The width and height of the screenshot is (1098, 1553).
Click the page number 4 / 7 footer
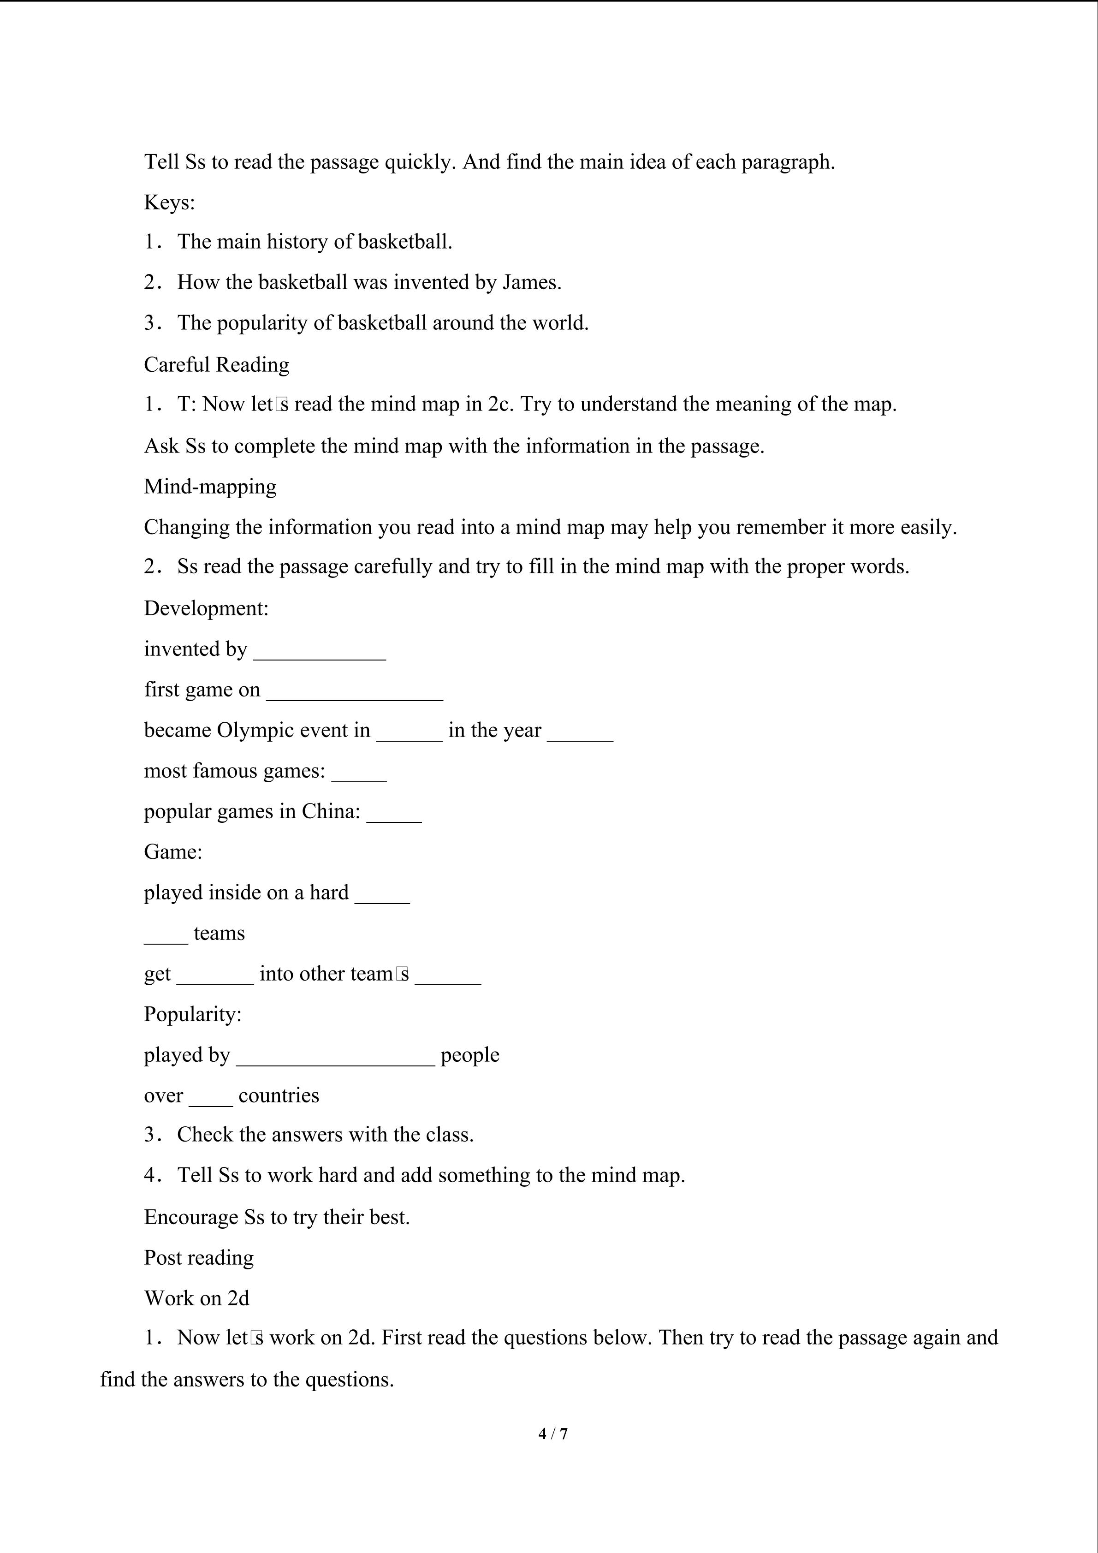(552, 1433)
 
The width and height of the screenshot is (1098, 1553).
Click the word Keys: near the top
(169, 202)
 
